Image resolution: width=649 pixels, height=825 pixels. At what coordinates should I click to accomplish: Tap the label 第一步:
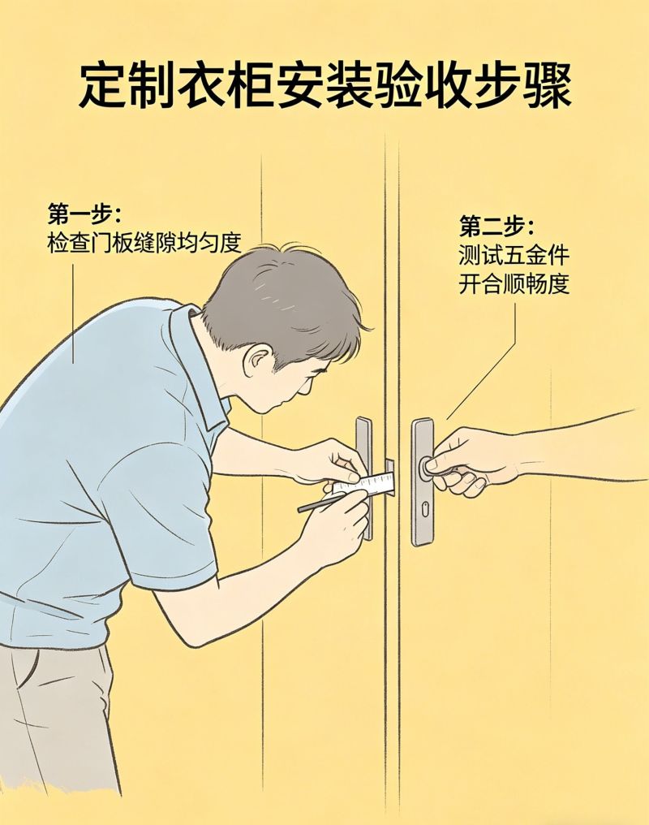tap(84, 216)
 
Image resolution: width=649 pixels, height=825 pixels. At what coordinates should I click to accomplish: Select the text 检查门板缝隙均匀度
tap(144, 243)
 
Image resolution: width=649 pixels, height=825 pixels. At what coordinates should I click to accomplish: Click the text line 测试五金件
tap(513, 256)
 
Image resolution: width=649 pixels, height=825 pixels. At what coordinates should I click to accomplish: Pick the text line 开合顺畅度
tap(513, 285)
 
